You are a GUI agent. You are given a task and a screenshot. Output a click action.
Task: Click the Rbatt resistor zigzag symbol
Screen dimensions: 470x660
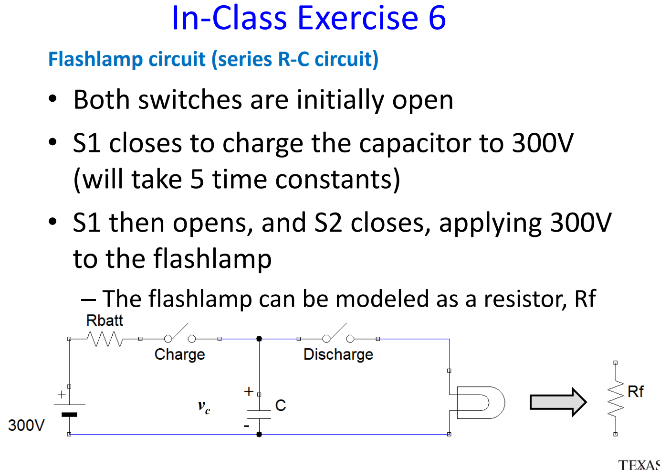105,339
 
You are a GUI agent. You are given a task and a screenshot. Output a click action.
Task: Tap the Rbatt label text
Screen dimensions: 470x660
105,320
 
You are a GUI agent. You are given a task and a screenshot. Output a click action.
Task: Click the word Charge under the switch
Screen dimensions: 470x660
179,354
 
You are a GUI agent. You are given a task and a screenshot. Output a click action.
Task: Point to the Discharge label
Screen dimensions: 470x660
338,354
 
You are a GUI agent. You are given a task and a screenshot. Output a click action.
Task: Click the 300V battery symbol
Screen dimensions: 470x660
69,409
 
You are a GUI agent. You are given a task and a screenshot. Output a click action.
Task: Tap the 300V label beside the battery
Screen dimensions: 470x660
26,425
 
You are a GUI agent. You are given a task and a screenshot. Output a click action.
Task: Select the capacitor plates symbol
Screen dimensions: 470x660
259,414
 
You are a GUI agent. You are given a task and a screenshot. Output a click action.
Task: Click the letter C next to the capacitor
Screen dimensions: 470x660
281,406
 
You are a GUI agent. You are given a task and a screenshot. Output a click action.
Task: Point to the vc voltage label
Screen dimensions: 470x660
204,407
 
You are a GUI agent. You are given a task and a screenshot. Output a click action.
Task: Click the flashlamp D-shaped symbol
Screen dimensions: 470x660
480,403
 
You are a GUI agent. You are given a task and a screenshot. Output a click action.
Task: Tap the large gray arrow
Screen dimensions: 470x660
558,402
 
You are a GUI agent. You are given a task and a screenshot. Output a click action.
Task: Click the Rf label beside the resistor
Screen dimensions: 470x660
635,392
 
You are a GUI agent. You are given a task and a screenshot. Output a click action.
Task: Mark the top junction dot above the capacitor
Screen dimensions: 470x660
259,339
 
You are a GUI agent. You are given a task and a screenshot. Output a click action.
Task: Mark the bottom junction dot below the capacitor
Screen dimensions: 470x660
259,434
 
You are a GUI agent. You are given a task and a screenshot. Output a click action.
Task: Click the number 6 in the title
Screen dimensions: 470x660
437,18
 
